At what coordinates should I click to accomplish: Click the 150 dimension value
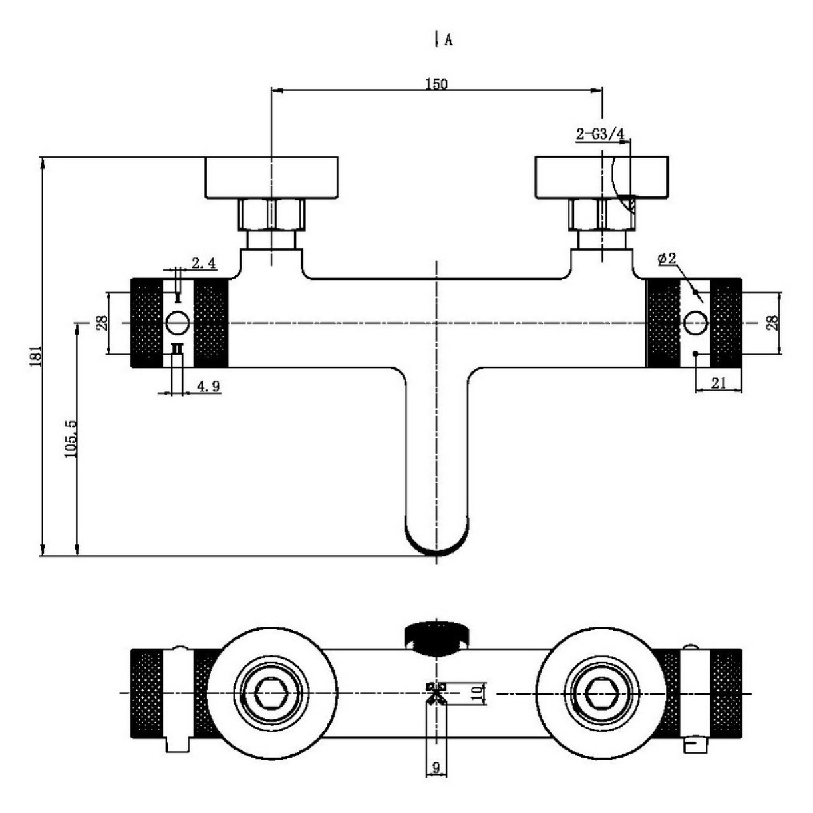pos(436,84)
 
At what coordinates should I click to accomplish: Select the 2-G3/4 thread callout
pos(600,134)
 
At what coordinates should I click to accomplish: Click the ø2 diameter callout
pos(667,257)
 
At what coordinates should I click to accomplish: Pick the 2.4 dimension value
pos(204,263)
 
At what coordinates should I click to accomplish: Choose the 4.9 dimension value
pos(208,385)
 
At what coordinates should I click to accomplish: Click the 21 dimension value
pos(718,383)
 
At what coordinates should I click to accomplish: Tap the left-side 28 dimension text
pos(102,323)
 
